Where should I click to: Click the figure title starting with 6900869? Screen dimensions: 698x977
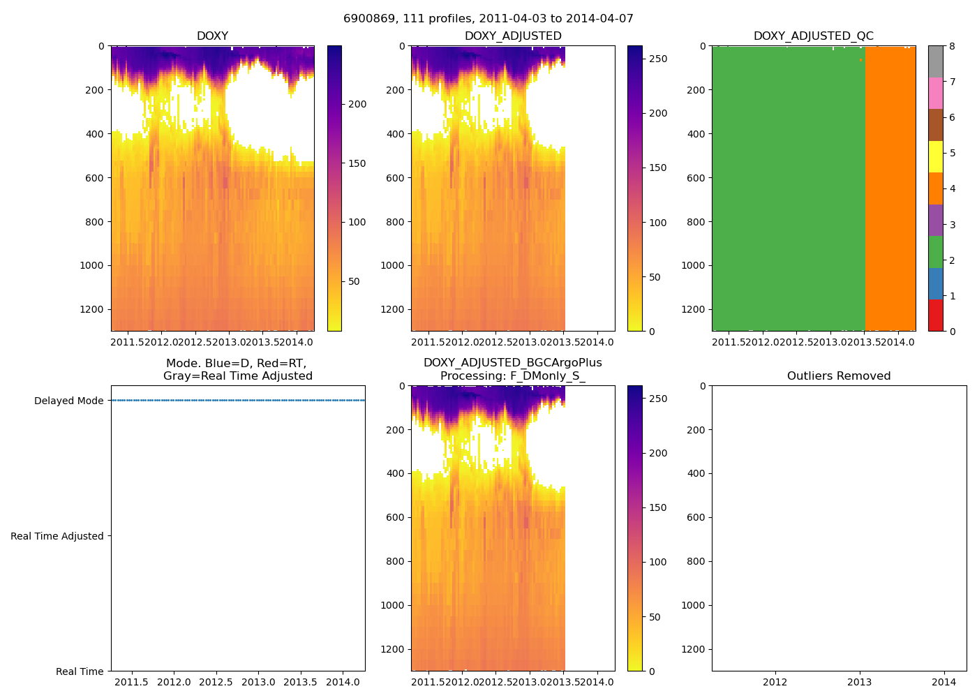click(488, 19)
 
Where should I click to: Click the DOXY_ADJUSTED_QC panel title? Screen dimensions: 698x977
click(813, 36)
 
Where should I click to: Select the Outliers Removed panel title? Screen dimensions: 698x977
click(839, 376)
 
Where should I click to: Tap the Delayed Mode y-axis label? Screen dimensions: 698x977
click(68, 401)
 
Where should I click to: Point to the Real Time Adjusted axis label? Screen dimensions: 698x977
click(57, 536)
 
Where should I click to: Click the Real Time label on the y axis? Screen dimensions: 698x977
click(80, 671)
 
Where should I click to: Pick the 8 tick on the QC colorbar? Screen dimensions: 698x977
click(952, 46)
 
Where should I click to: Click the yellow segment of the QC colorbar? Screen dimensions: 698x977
click(935, 156)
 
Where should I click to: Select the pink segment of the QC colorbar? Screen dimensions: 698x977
click(935, 93)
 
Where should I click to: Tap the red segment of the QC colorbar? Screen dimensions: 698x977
click(935, 315)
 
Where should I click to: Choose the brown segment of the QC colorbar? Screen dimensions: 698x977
click(935, 125)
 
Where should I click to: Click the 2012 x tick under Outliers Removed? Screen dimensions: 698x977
click(775, 682)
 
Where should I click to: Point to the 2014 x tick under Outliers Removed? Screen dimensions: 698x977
click(944, 682)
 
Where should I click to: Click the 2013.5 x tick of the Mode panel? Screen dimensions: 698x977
click(301, 682)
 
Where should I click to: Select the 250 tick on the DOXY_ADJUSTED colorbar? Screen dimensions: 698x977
click(658, 59)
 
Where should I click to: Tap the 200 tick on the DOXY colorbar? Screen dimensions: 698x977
click(357, 105)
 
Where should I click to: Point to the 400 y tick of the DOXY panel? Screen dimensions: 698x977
click(95, 134)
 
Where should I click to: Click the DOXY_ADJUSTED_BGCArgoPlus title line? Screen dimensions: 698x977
click(512, 363)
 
